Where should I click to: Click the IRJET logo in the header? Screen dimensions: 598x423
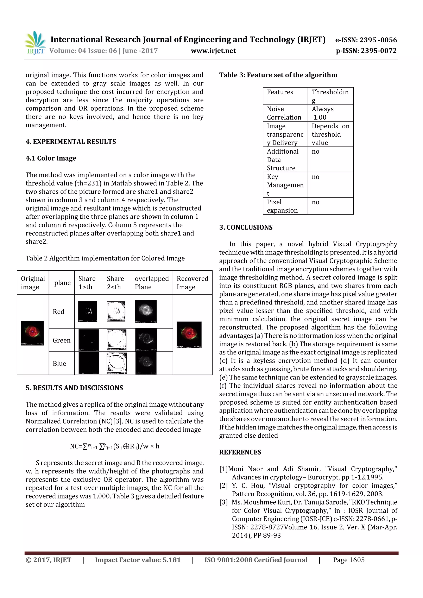tap(35, 43)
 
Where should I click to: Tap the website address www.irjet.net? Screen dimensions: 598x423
tap(213, 51)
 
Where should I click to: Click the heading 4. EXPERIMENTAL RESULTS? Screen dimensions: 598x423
tap(71, 142)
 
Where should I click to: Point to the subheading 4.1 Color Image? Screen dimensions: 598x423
tap(51, 158)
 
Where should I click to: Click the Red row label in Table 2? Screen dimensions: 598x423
tap(58, 312)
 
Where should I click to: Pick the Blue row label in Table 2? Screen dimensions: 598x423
tap(59, 364)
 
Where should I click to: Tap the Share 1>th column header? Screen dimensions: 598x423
tap(87, 283)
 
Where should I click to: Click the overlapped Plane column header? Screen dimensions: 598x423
tap(152, 283)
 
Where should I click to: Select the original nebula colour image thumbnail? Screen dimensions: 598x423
tap(32, 333)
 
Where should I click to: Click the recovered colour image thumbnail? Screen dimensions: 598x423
tap(189, 334)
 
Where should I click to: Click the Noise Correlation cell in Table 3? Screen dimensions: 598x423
tap(284, 113)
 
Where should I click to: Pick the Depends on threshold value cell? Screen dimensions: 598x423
tap(330, 134)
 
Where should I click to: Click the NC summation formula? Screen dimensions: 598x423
tap(114, 446)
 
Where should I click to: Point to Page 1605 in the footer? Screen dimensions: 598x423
tap(348, 560)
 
